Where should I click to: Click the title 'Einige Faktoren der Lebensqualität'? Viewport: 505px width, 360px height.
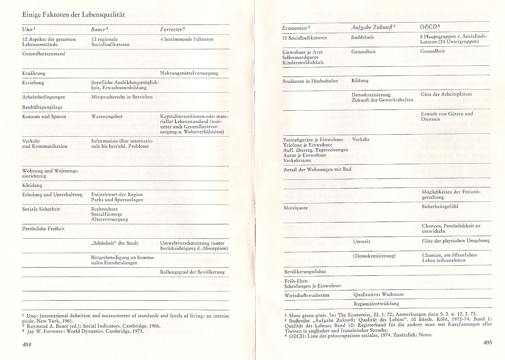click(74, 14)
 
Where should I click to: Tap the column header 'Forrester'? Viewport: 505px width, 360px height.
click(172, 29)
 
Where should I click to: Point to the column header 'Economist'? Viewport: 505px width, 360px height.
click(295, 28)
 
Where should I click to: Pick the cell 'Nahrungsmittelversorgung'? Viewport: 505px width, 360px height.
click(189, 73)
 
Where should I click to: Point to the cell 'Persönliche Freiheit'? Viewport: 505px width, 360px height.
click(43, 229)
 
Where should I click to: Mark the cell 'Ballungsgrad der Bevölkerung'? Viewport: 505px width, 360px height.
click(192, 272)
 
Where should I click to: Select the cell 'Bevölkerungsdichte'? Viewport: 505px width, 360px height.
click(305, 272)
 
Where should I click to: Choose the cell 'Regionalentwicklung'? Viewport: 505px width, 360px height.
click(376, 303)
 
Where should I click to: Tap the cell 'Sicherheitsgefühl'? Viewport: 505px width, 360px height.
click(440, 207)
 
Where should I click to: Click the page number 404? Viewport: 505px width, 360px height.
click(27, 344)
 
